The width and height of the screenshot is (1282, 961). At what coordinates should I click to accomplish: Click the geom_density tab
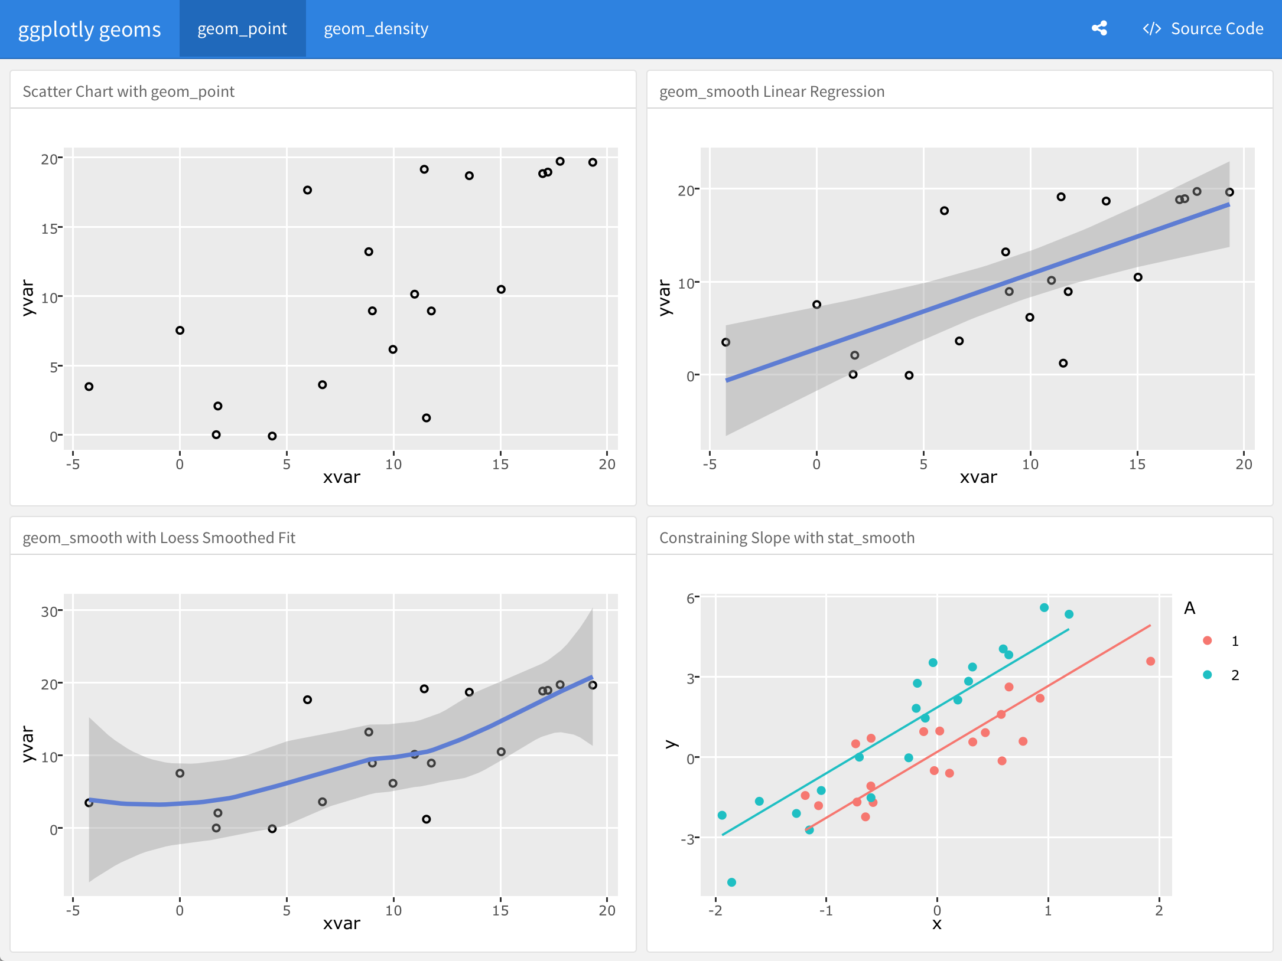pos(376,28)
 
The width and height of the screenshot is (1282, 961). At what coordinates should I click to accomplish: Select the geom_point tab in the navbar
pos(242,28)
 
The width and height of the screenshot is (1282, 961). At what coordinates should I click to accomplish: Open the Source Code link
pos(1203,28)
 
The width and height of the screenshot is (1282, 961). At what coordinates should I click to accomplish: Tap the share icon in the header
pos(1099,28)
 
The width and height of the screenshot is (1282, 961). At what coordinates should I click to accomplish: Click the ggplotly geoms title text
pos(89,29)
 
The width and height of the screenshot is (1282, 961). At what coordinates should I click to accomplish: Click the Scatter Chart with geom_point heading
pos(128,91)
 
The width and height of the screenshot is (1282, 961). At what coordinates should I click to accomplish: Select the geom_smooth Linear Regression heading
pos(772,91)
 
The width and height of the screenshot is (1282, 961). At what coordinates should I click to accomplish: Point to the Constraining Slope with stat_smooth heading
pos(786,538)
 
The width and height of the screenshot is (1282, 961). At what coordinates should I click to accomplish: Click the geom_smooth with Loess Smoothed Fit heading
pos(159,538)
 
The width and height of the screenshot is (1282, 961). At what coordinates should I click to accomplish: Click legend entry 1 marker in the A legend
pos(1208,640)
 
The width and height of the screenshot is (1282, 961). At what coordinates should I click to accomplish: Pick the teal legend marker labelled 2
pos(1208,675)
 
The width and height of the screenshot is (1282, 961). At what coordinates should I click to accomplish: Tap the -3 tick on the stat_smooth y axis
pos(687,839)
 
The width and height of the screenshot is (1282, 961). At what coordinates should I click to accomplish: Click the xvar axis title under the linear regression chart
pos(978,477)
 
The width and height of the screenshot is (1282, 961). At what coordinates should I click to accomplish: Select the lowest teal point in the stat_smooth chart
pos(731,882)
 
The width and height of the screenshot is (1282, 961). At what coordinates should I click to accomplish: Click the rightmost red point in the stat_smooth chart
pos(1150,661)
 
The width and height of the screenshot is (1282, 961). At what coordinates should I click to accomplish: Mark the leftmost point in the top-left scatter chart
pos(89,387)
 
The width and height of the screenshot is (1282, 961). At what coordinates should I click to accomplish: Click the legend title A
pos(1189,608)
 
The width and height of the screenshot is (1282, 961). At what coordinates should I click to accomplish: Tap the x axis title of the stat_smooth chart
pos(936,924)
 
